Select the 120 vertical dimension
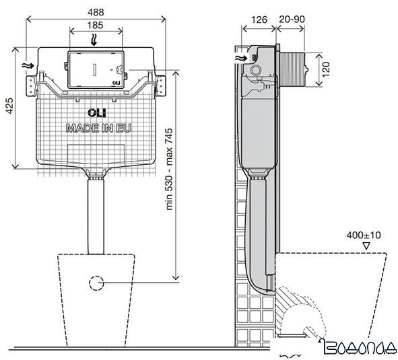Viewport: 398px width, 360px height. tap(325, 69)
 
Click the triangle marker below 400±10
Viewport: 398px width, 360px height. tap(365, 247)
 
